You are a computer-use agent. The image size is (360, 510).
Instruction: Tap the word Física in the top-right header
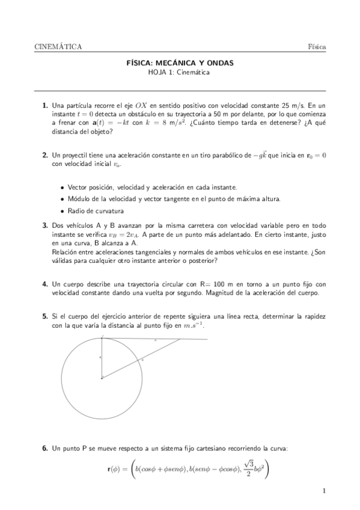(x=317, y=46)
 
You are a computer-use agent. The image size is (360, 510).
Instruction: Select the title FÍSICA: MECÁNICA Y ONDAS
(x=180, y=63)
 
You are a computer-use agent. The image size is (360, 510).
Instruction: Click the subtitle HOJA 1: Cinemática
(x=180, y=72)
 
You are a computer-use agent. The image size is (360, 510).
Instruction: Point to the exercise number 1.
(x=45, y=105)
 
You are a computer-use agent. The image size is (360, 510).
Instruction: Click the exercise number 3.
(x=45, y=226)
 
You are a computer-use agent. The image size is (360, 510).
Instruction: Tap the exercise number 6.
(x=45, y=448)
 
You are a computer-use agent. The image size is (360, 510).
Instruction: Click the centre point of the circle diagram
(x=102, y=378)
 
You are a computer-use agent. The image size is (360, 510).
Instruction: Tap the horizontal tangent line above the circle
(x=180, y=339)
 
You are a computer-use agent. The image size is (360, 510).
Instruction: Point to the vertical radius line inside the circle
(x=102, y=358)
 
